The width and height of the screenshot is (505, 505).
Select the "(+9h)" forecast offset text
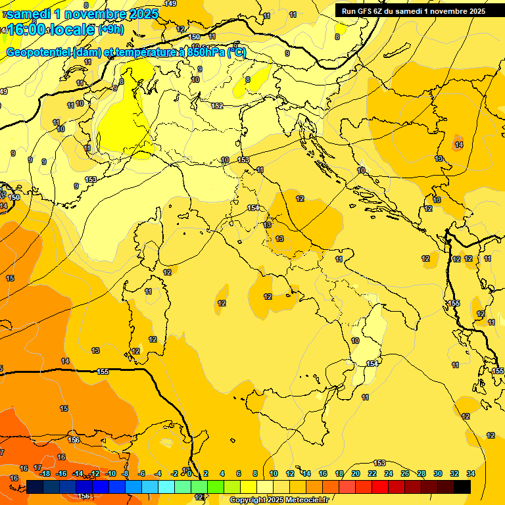tap(110, 30)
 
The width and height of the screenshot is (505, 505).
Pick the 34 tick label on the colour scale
tap(471, 473)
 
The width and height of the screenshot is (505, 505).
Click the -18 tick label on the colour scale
tap(45, 473)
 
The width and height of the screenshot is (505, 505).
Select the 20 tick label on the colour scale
tap(356, 473)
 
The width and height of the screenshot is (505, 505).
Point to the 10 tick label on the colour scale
tap(273, 473)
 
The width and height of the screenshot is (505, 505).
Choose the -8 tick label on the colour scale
tap(125, 473)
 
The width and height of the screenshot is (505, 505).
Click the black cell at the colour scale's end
tap(462, 487)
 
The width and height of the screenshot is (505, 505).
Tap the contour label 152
tap(217, 106)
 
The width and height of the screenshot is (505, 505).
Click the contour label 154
tap(252, 208)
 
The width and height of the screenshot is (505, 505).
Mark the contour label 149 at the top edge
tap(170, 3)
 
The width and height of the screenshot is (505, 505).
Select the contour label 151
tap(372, 364)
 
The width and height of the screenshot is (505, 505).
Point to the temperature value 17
tap(37, 467)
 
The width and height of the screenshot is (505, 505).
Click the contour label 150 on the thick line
tap(194, 37)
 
